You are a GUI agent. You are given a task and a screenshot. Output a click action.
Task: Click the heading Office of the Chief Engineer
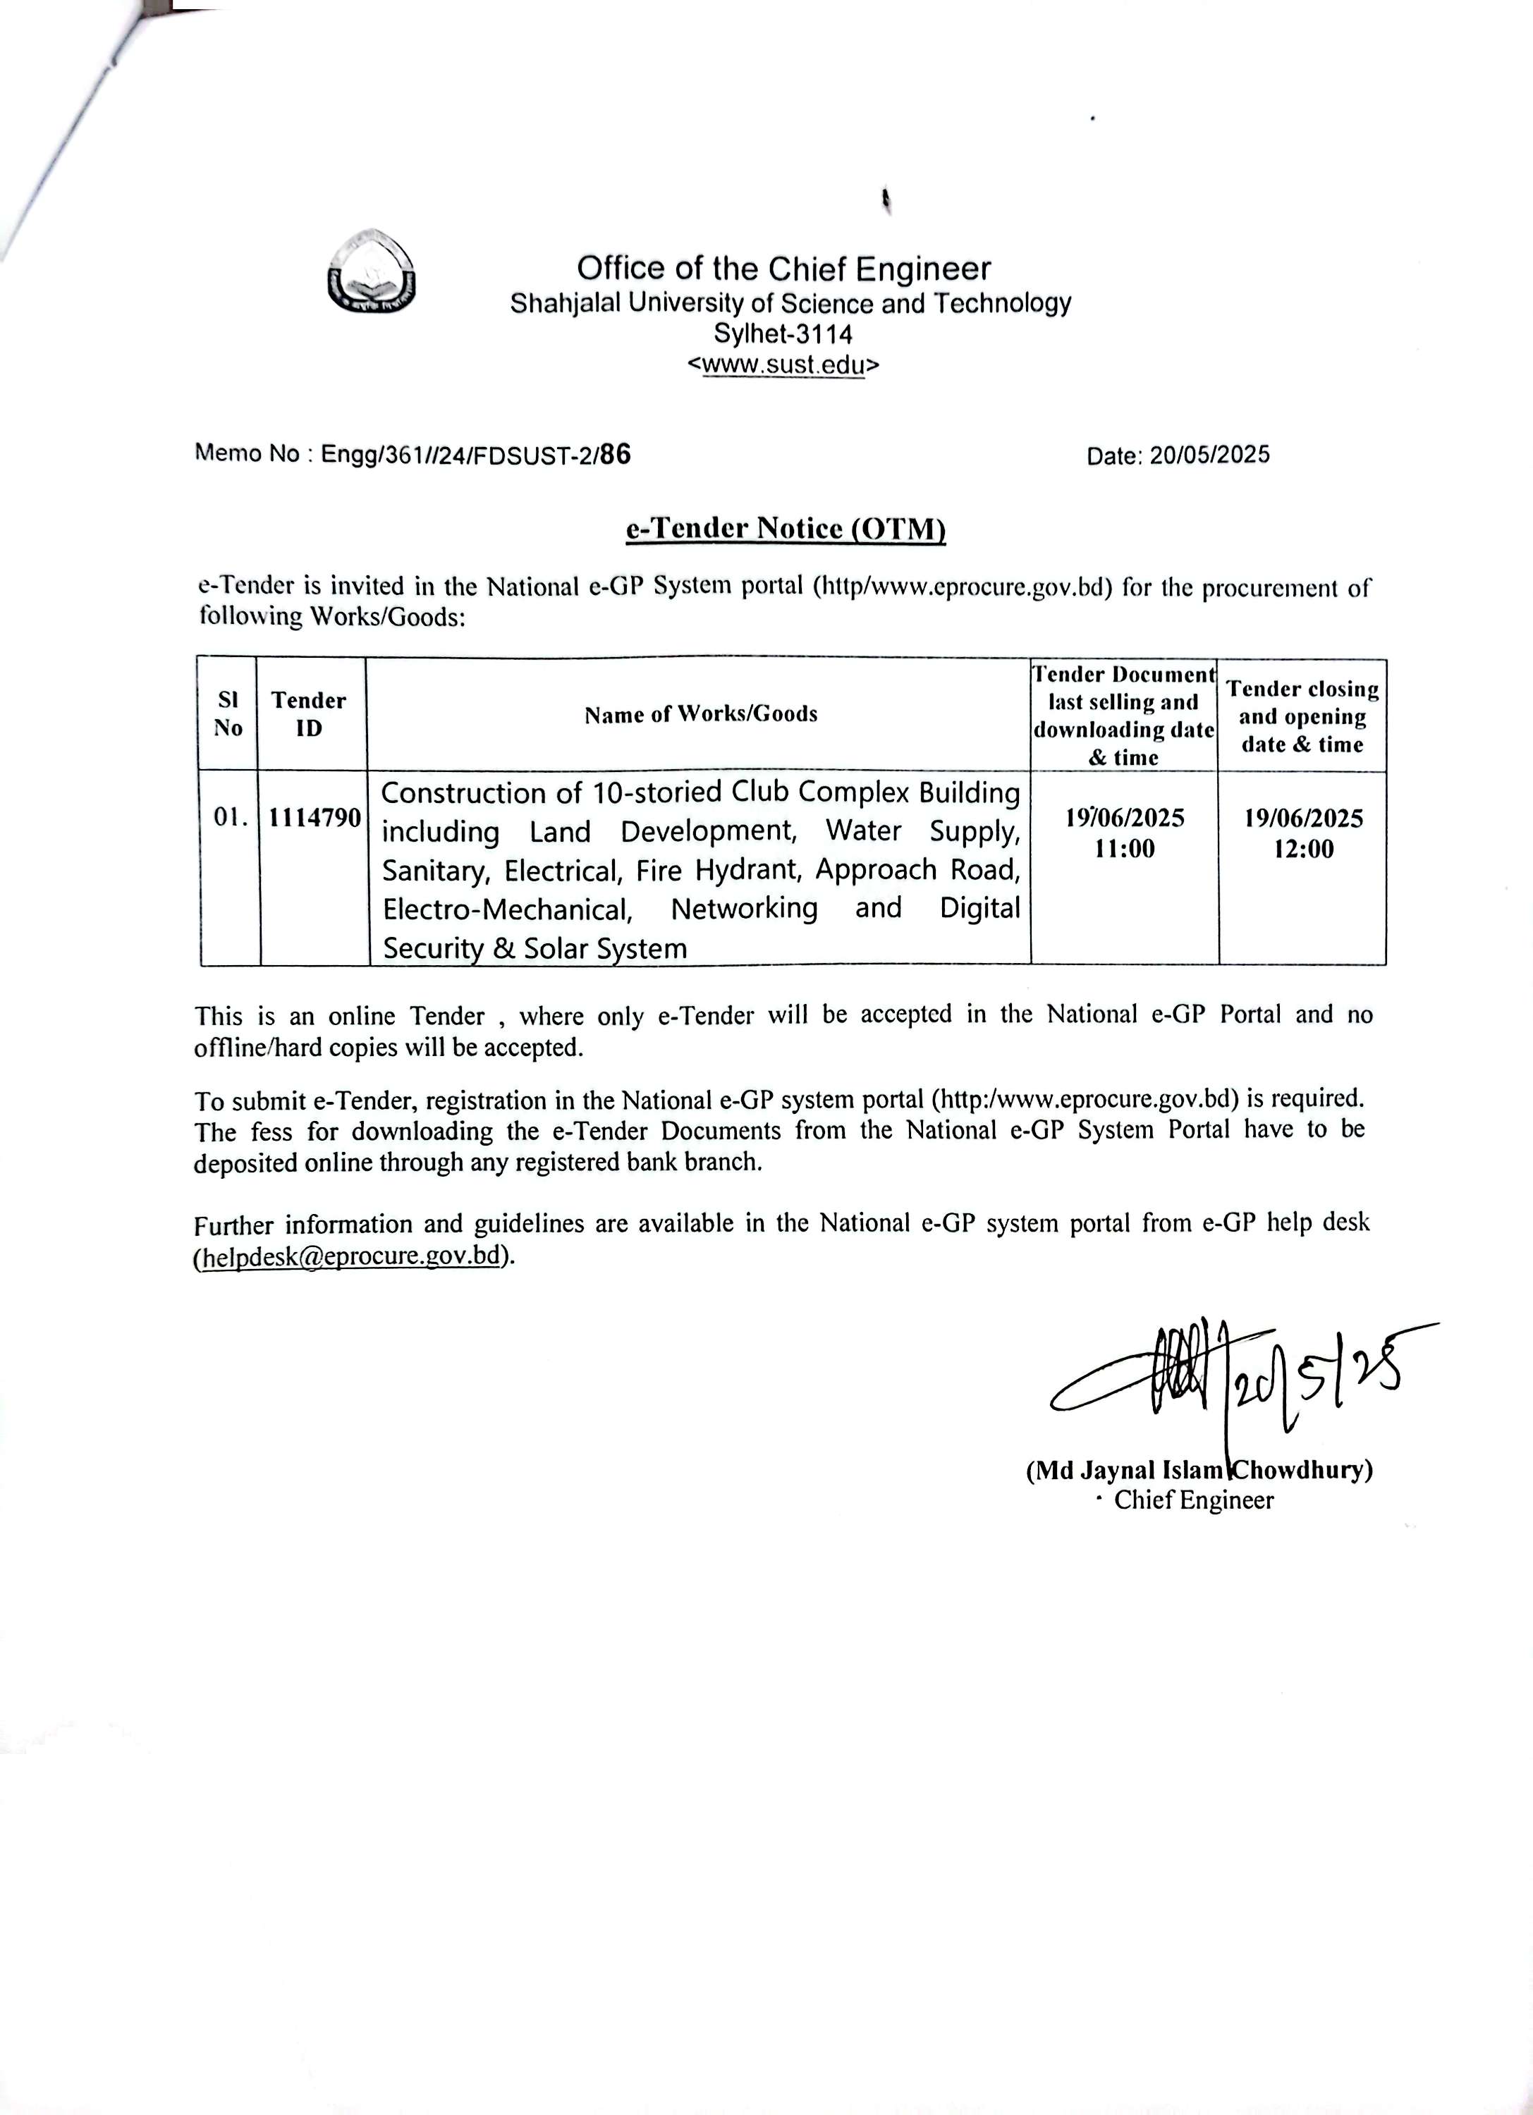(x=783, y=269)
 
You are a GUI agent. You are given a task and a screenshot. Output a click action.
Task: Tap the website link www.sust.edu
(x=783, y=364)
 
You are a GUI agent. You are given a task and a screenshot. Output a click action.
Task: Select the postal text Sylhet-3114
(x=783, y=333)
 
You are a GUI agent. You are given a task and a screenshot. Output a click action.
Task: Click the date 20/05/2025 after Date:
(x=1209, y=455)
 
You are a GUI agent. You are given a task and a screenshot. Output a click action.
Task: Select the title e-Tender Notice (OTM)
(x=785, y=529)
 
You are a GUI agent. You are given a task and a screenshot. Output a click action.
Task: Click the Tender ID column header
(x=309, y=713)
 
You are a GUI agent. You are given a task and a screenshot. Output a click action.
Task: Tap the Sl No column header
(x=228, y=713)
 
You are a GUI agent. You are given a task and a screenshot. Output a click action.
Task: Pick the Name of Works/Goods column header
(x=700, y=714)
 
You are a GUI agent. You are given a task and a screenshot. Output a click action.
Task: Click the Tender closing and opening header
(x=1302, y=716)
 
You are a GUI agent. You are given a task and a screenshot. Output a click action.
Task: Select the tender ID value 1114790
(x=315, y=818)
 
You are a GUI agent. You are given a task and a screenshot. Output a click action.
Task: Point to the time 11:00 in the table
(x=1125, y=849)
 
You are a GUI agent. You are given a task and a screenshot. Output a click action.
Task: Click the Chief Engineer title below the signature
(x=1194, y=1500)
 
